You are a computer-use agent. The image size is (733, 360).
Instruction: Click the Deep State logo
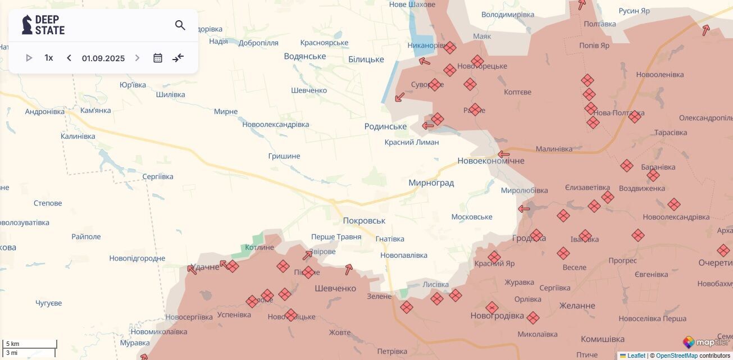(43, 25)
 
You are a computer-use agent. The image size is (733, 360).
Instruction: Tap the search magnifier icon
(180, 25)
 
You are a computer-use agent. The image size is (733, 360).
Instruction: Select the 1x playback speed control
(49, 58)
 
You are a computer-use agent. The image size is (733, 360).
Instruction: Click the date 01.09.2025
(103, 58)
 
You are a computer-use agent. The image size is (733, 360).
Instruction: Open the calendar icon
(158, 58)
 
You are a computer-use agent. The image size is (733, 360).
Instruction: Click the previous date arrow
(69, 58)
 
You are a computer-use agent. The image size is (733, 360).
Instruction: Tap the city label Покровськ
(364, 221)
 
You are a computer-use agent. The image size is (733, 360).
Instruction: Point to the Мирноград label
(431, 183)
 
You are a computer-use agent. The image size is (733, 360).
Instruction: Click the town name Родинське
(385, 126)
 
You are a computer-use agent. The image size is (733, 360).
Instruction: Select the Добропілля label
(258, 43)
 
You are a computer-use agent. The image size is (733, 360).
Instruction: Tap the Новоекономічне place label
(491, 161)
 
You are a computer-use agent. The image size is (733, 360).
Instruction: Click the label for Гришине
(284, 156)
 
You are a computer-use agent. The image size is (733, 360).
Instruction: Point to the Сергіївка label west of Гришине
(158, 176)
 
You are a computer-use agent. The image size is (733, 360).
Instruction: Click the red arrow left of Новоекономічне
(504, 154)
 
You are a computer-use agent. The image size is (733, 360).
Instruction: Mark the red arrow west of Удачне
(192, 270)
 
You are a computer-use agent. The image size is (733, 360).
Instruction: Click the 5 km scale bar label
(13, 344)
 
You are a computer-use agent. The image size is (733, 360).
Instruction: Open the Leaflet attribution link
(636, 356)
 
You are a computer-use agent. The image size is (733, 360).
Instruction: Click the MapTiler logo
(706, 342)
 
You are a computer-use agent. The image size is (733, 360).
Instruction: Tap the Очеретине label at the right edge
(715, 263)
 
